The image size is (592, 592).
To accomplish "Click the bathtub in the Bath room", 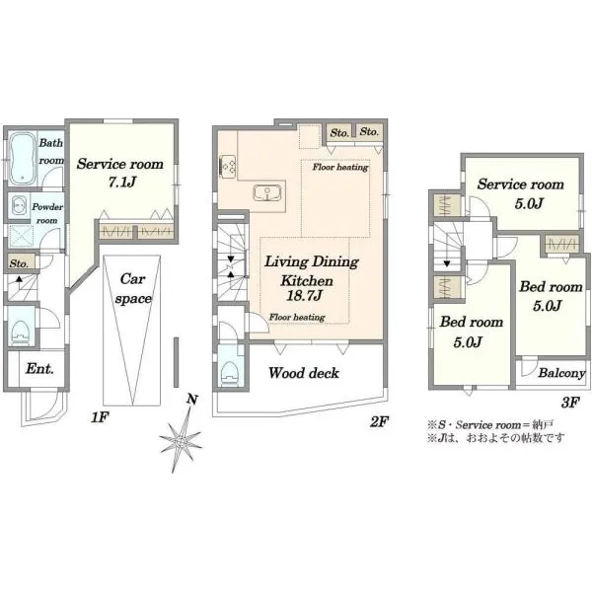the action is (x=22, y=158).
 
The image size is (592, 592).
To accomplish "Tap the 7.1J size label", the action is (x=121, y=183).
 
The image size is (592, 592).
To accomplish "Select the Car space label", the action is (x=133, y=289).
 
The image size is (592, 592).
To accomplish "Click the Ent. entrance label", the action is (x=39, y=368).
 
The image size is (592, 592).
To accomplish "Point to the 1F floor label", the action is (x=100, y=417).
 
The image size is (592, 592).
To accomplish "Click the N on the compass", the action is (x=192, y=399).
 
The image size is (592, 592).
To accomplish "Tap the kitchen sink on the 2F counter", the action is (x=267, y=193).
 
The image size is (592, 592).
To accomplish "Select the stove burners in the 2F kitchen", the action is (x=227, y=166).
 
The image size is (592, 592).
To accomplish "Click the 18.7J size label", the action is (x=304, y=295).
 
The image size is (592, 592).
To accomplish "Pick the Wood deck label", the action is (x=304, y=373).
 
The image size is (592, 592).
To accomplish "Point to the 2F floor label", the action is (x=379, y=421).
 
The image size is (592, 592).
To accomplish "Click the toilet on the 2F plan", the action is (x=229, y=372).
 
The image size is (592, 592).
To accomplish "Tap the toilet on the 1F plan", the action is (x=21, y=333).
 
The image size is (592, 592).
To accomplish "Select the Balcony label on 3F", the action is (x=561, y=373).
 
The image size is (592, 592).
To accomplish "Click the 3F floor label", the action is (x=570, y=403).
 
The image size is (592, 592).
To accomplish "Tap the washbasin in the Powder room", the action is (x=18, y=206).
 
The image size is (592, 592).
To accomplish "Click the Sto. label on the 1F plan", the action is (x=19, y=263).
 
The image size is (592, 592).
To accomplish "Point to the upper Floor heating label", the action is (x=340, y=167).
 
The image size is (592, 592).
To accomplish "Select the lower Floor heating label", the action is (x=297, y=317).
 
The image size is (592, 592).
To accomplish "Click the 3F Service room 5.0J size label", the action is (x=529, y=204).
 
